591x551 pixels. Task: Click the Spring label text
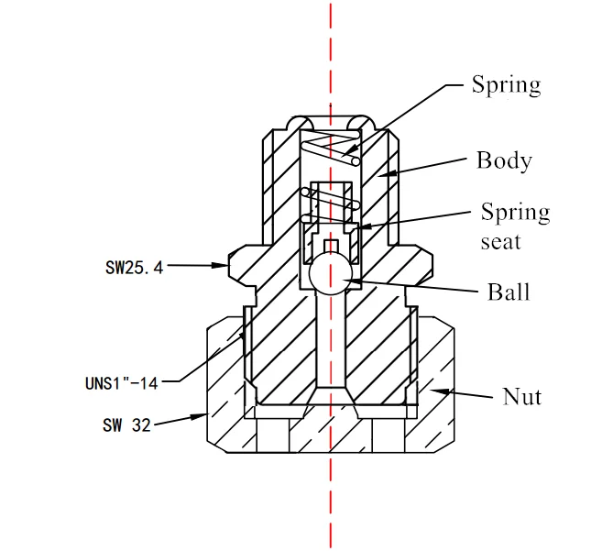(506, 85)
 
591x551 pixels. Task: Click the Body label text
(503, 160)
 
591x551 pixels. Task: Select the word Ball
(508, 292)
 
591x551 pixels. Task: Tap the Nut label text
(521, 396)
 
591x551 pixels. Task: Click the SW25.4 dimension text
(134, 267)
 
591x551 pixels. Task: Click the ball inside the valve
(330, 272)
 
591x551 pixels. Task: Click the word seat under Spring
(500, 242)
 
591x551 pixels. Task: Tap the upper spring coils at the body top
(330, 145)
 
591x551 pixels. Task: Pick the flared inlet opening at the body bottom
(330, 398)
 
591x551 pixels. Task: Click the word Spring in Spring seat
(515, 213)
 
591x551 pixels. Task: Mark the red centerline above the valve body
(330, 55)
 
